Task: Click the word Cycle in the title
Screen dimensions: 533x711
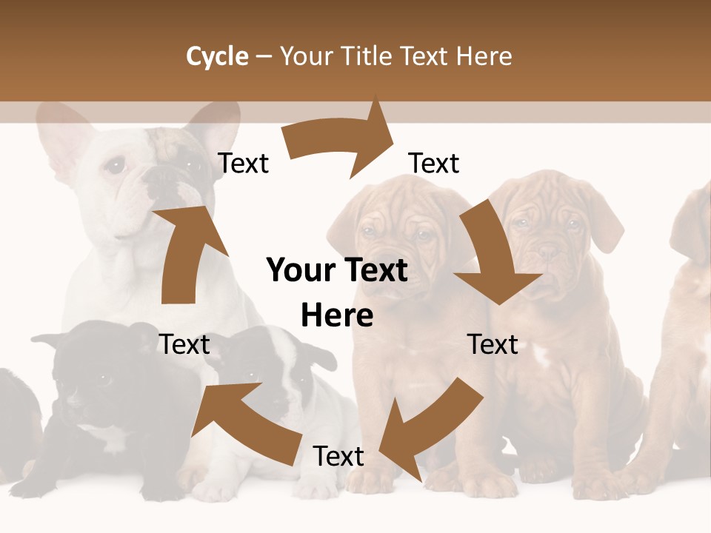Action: click(217, 56)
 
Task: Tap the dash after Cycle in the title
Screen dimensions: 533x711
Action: click(264, 56)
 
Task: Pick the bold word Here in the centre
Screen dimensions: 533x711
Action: click(337, 315)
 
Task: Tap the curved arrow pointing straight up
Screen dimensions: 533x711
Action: click(185, 252)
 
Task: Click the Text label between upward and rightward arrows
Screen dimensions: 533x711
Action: click(244, 164)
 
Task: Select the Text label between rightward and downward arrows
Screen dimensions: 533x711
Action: click(434, 164)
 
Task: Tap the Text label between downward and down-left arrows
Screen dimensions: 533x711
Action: click(493, 344)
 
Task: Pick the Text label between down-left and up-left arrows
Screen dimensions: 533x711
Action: click(338, 457)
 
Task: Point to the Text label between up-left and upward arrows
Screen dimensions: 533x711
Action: click(184, 344)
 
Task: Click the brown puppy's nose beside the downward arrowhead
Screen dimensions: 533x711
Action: click(549, 253)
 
